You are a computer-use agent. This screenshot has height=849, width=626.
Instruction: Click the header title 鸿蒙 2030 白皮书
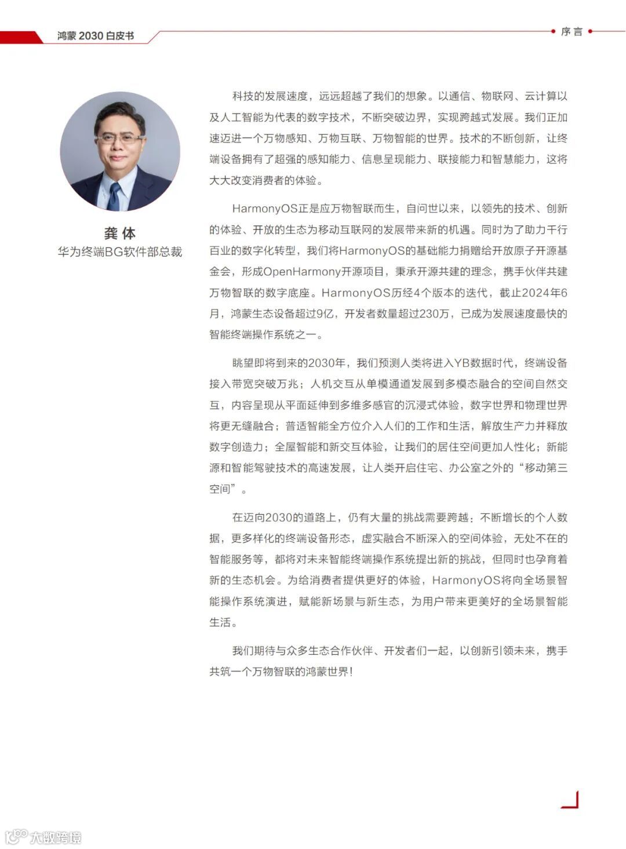(x=96, y=36)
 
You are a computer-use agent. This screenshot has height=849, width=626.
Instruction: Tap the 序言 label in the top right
(x=572, y=32)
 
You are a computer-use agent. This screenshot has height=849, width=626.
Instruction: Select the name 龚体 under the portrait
(x=120, y=234)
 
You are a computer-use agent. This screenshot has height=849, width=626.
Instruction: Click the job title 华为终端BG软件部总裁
(x=120, y=252)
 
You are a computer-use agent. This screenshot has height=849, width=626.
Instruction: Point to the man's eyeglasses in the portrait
(x=119, y=139)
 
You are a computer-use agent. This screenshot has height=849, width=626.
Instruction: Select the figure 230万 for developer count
(x=434, y=314)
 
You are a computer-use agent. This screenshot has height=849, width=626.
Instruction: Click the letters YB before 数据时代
(x=461, y=363)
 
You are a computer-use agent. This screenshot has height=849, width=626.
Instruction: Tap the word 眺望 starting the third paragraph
(x=243, y=363)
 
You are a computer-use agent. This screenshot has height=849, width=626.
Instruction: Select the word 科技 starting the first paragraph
(x=243, y=96)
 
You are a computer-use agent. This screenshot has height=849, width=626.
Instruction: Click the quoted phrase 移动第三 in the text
(x=546, y=468)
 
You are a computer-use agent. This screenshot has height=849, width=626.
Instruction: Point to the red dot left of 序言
(x=553, y=31)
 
